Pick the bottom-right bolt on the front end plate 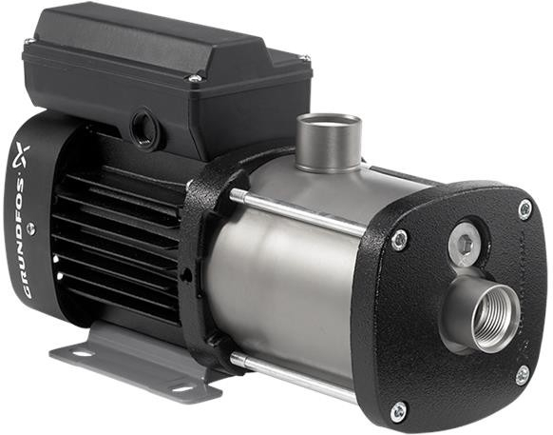tap(522, 374)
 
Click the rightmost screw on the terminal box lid tap(305, 60)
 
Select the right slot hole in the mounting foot tap(180, 386)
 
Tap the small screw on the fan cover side tap(30, 227)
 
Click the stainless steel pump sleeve tap(285, 286)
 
